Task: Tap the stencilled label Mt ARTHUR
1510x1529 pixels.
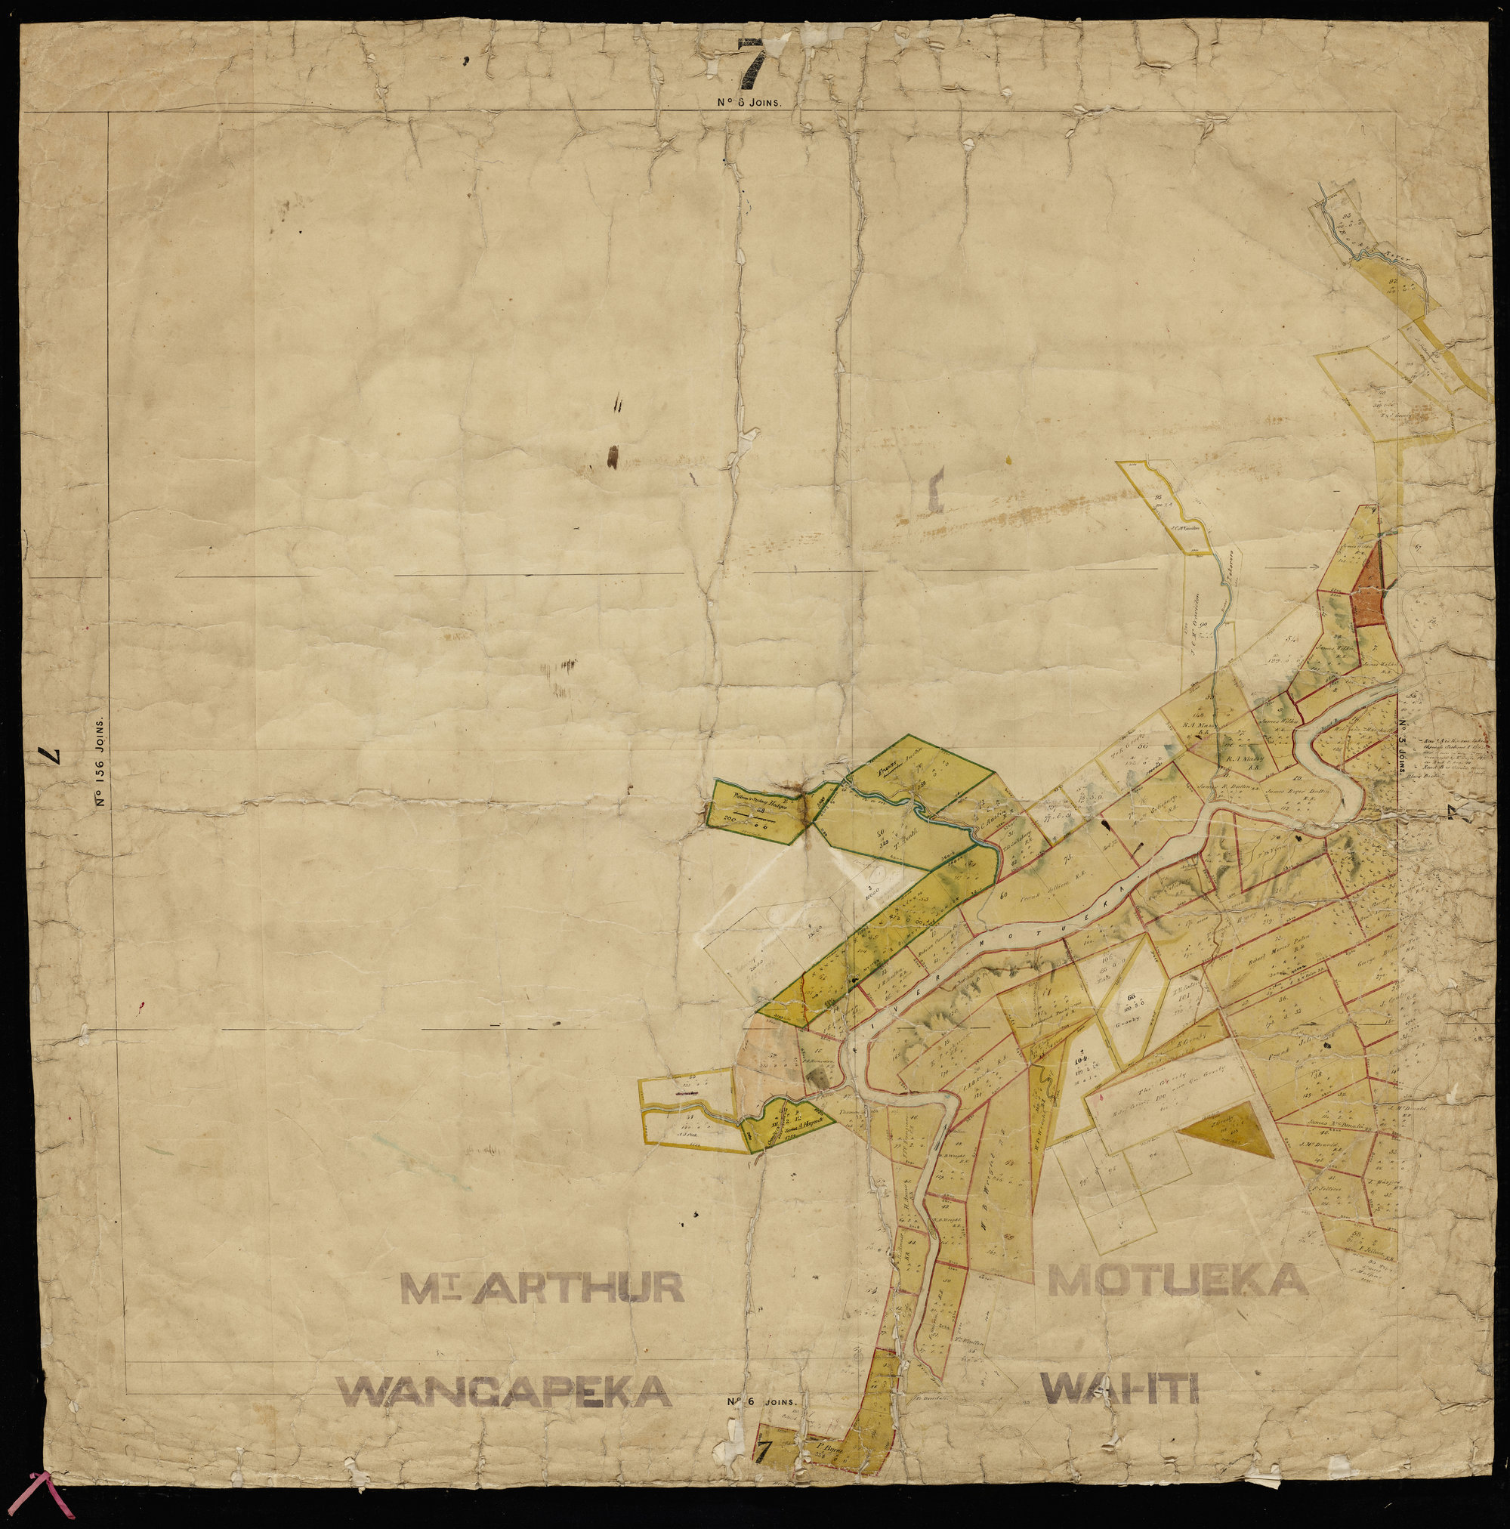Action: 542,1289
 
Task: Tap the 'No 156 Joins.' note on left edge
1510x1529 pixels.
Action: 101,763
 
